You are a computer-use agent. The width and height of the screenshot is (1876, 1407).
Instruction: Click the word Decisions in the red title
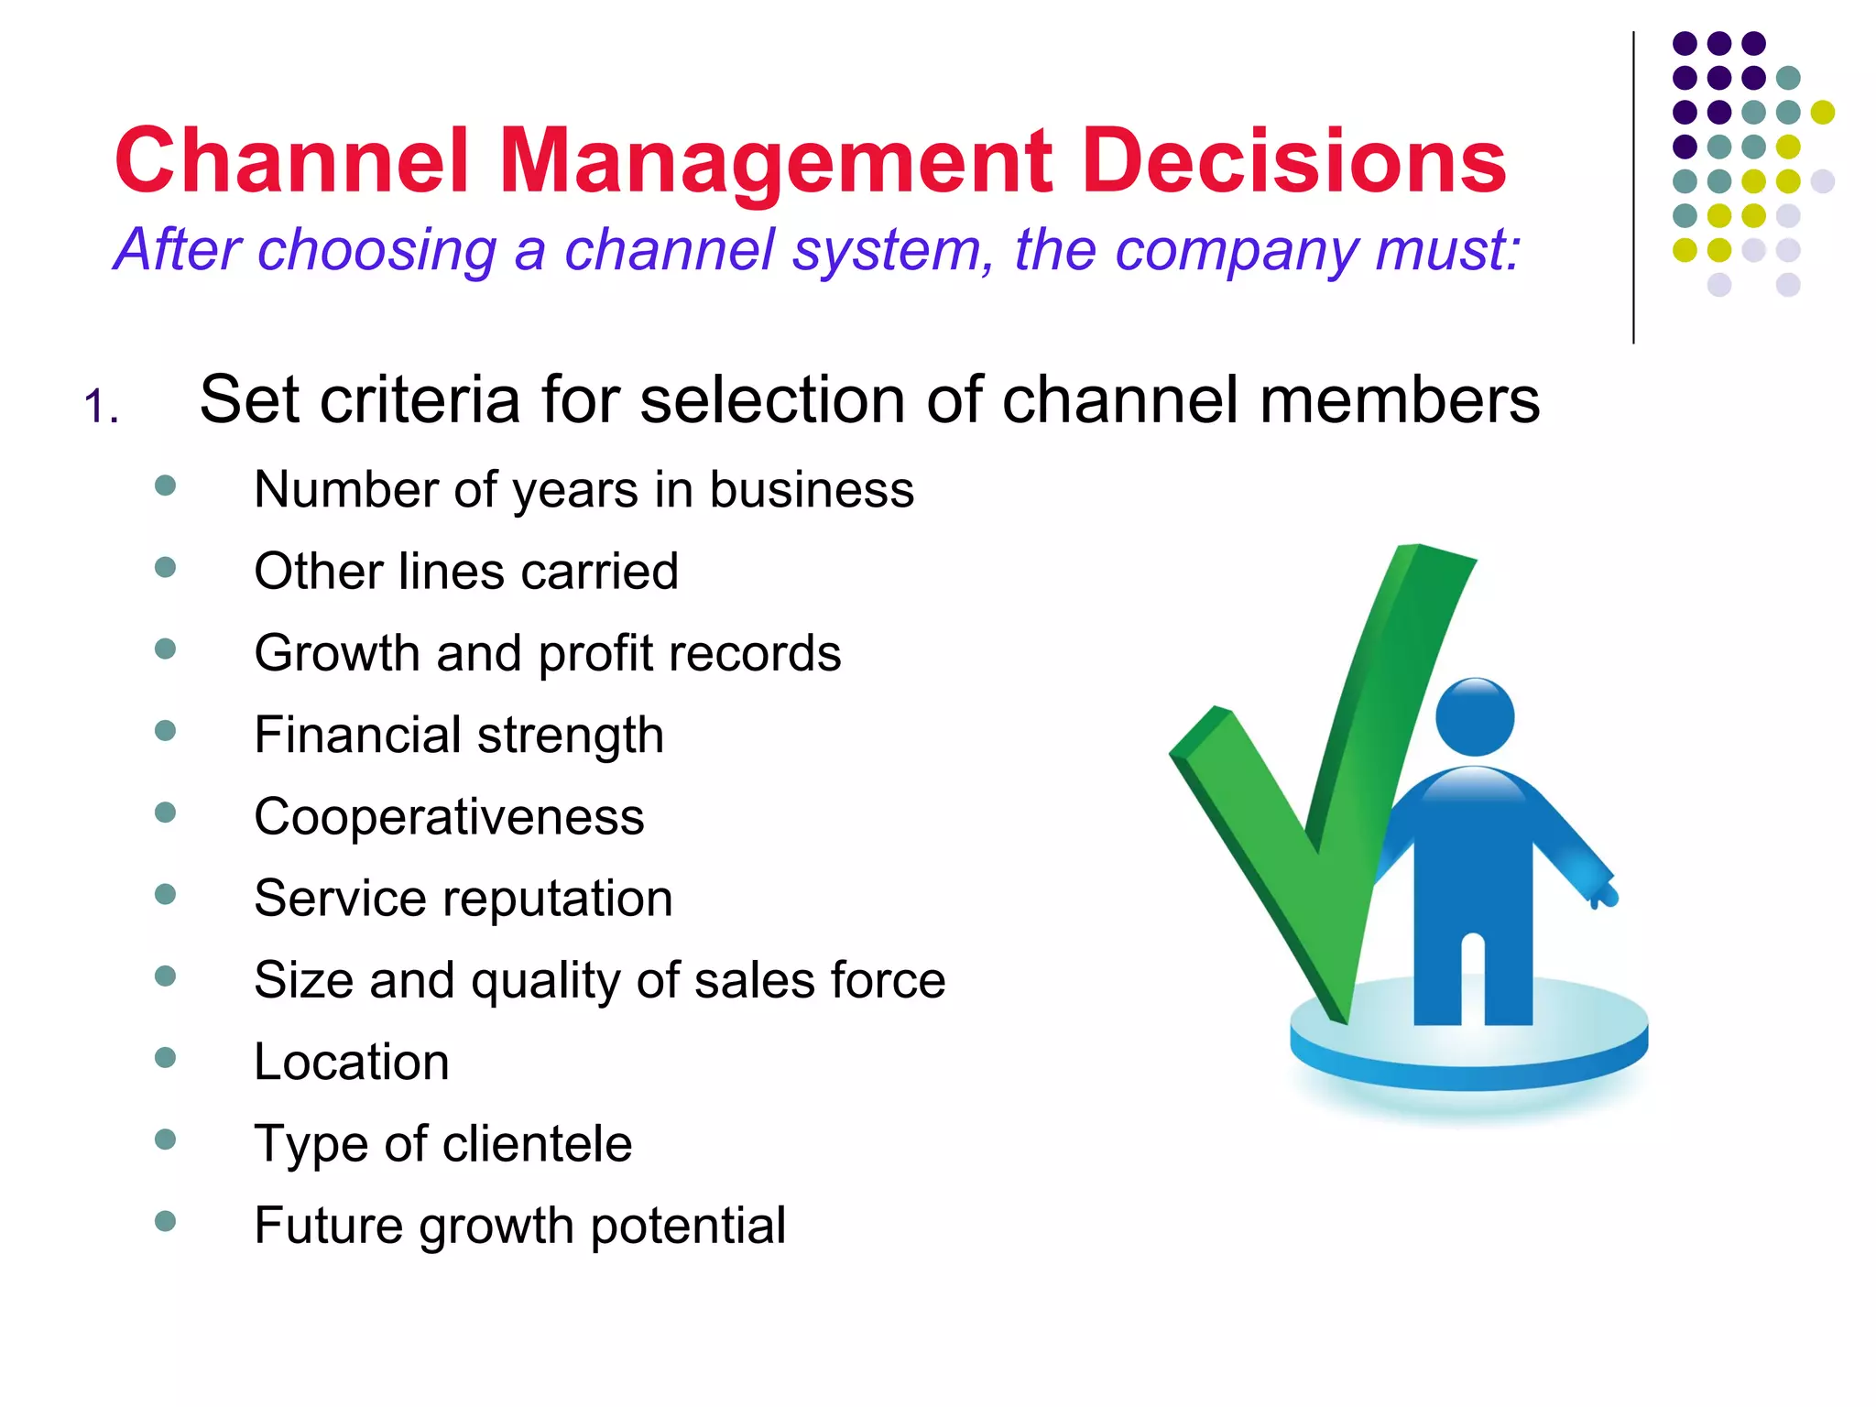(x=1293, y=161)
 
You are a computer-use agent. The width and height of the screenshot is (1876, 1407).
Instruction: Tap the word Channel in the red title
(x=292, y=161)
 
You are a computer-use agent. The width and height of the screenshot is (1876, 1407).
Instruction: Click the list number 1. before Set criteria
(x=101, y=407)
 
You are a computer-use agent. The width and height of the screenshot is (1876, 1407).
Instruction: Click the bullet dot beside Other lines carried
(x=166, y=568)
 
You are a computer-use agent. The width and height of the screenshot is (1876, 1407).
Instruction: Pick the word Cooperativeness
(x=449, y=816)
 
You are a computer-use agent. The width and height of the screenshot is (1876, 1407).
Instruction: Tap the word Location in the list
(x=352, y=1062)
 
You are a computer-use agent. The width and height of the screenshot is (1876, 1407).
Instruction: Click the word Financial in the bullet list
(x=358, y=735)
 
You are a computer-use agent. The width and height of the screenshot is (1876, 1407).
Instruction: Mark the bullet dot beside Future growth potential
(x=166, y=1221)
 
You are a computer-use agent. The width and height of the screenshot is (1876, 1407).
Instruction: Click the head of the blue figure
(x=1474, y=716)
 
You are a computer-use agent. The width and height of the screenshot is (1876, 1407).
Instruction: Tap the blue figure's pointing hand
(x=1605, y=892)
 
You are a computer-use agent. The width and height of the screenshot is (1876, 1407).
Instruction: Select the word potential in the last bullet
(x=688, y=1226)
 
